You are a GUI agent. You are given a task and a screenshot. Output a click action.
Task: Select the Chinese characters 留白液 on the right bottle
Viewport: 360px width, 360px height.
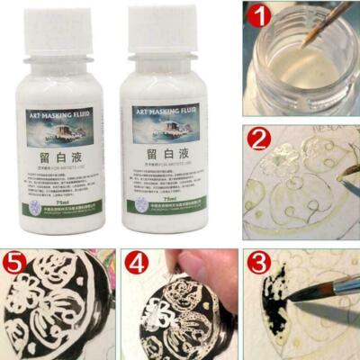[170, 154]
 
